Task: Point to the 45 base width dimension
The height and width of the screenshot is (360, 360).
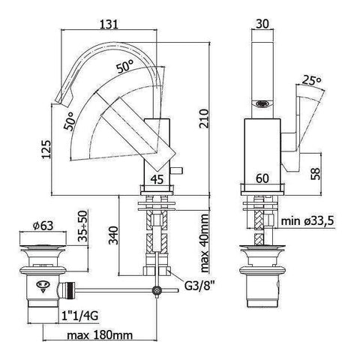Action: tap(158, 179)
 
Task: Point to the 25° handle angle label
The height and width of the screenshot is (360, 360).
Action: tap(311, 79)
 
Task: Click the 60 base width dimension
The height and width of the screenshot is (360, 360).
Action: tap(262, 179)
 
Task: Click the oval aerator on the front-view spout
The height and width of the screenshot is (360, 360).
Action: tap(261, 105)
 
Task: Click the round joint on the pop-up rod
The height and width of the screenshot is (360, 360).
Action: tap(156, 292)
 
